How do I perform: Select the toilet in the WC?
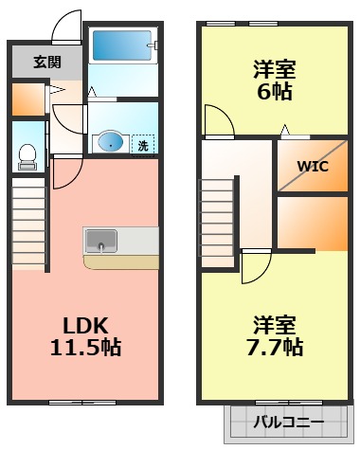point(28,154)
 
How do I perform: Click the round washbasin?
point(110,143)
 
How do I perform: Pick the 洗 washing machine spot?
point(142,144)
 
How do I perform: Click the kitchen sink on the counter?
point(100,241)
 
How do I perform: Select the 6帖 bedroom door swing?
point(217,120)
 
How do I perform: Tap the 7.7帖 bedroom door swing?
point(254,265)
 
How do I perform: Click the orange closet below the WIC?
point(313,223)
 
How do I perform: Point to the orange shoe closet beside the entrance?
point(29,99)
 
